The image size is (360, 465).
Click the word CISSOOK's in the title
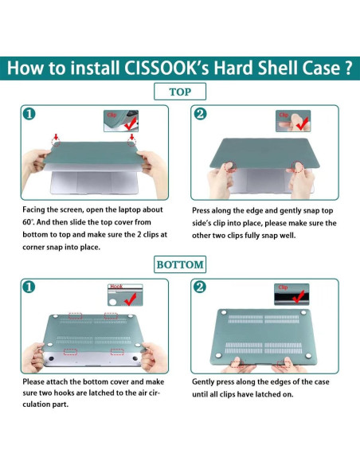(166, 68)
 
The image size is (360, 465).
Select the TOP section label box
(180, 92)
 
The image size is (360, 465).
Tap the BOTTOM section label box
(180, 264)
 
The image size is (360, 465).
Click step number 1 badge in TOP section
(29, 114)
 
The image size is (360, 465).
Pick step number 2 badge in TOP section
(200, 114)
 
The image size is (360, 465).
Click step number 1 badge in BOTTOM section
(29, 287)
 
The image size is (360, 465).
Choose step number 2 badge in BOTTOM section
(199, 287)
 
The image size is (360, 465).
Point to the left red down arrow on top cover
(56, 138)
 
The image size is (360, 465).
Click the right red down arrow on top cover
(132, 138)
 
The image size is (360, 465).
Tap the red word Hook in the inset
(116, 287)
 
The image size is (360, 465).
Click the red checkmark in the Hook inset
(131, 299)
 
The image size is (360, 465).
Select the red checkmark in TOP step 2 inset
(302, 123)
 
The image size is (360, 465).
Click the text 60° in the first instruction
(28, 222)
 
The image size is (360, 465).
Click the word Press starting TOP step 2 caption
(201, 210)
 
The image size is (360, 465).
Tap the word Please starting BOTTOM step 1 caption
(33, 381)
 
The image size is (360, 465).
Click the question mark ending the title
(348, 68)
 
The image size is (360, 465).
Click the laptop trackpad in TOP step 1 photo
(94, 182)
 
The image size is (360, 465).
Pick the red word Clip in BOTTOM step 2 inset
(283, 287)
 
